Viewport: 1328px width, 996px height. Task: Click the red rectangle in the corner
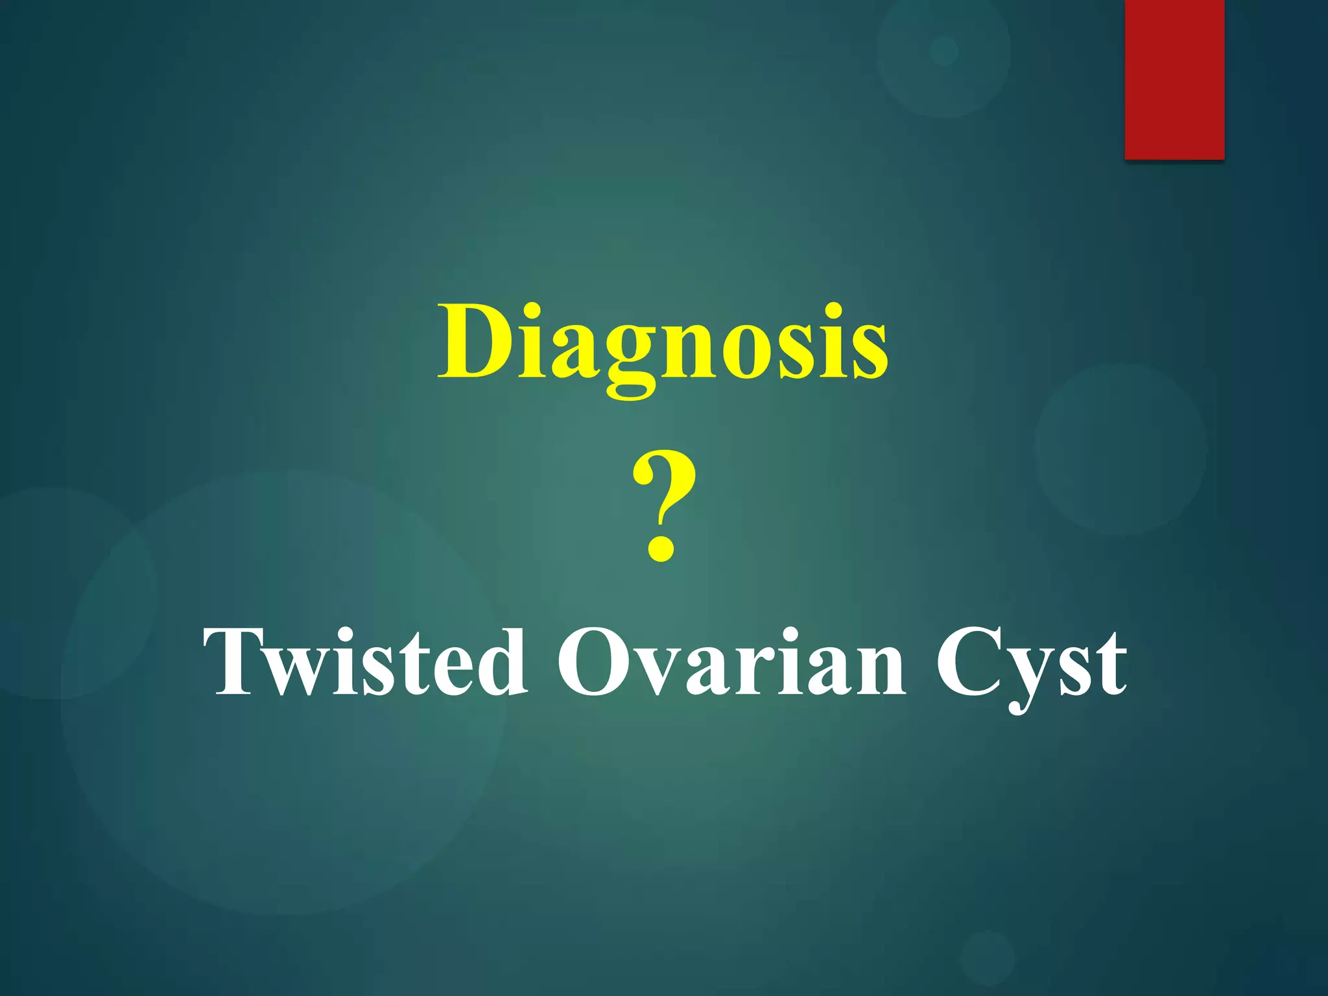(x=1174, y=79)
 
